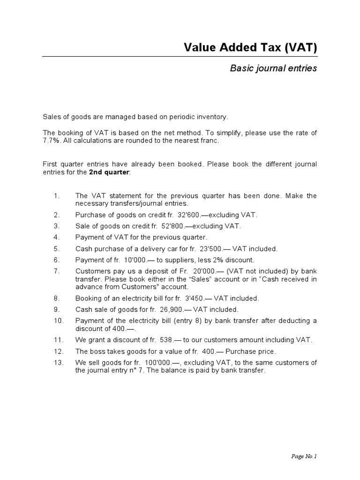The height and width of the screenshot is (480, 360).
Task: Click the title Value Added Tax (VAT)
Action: click(250, 47)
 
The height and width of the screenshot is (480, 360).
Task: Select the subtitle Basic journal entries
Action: click(273, 68)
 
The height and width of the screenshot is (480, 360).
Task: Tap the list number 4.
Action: click(56, 237)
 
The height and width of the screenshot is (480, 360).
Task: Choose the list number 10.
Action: click(58, 320)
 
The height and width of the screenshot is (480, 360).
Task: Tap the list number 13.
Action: click(58, 362)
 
